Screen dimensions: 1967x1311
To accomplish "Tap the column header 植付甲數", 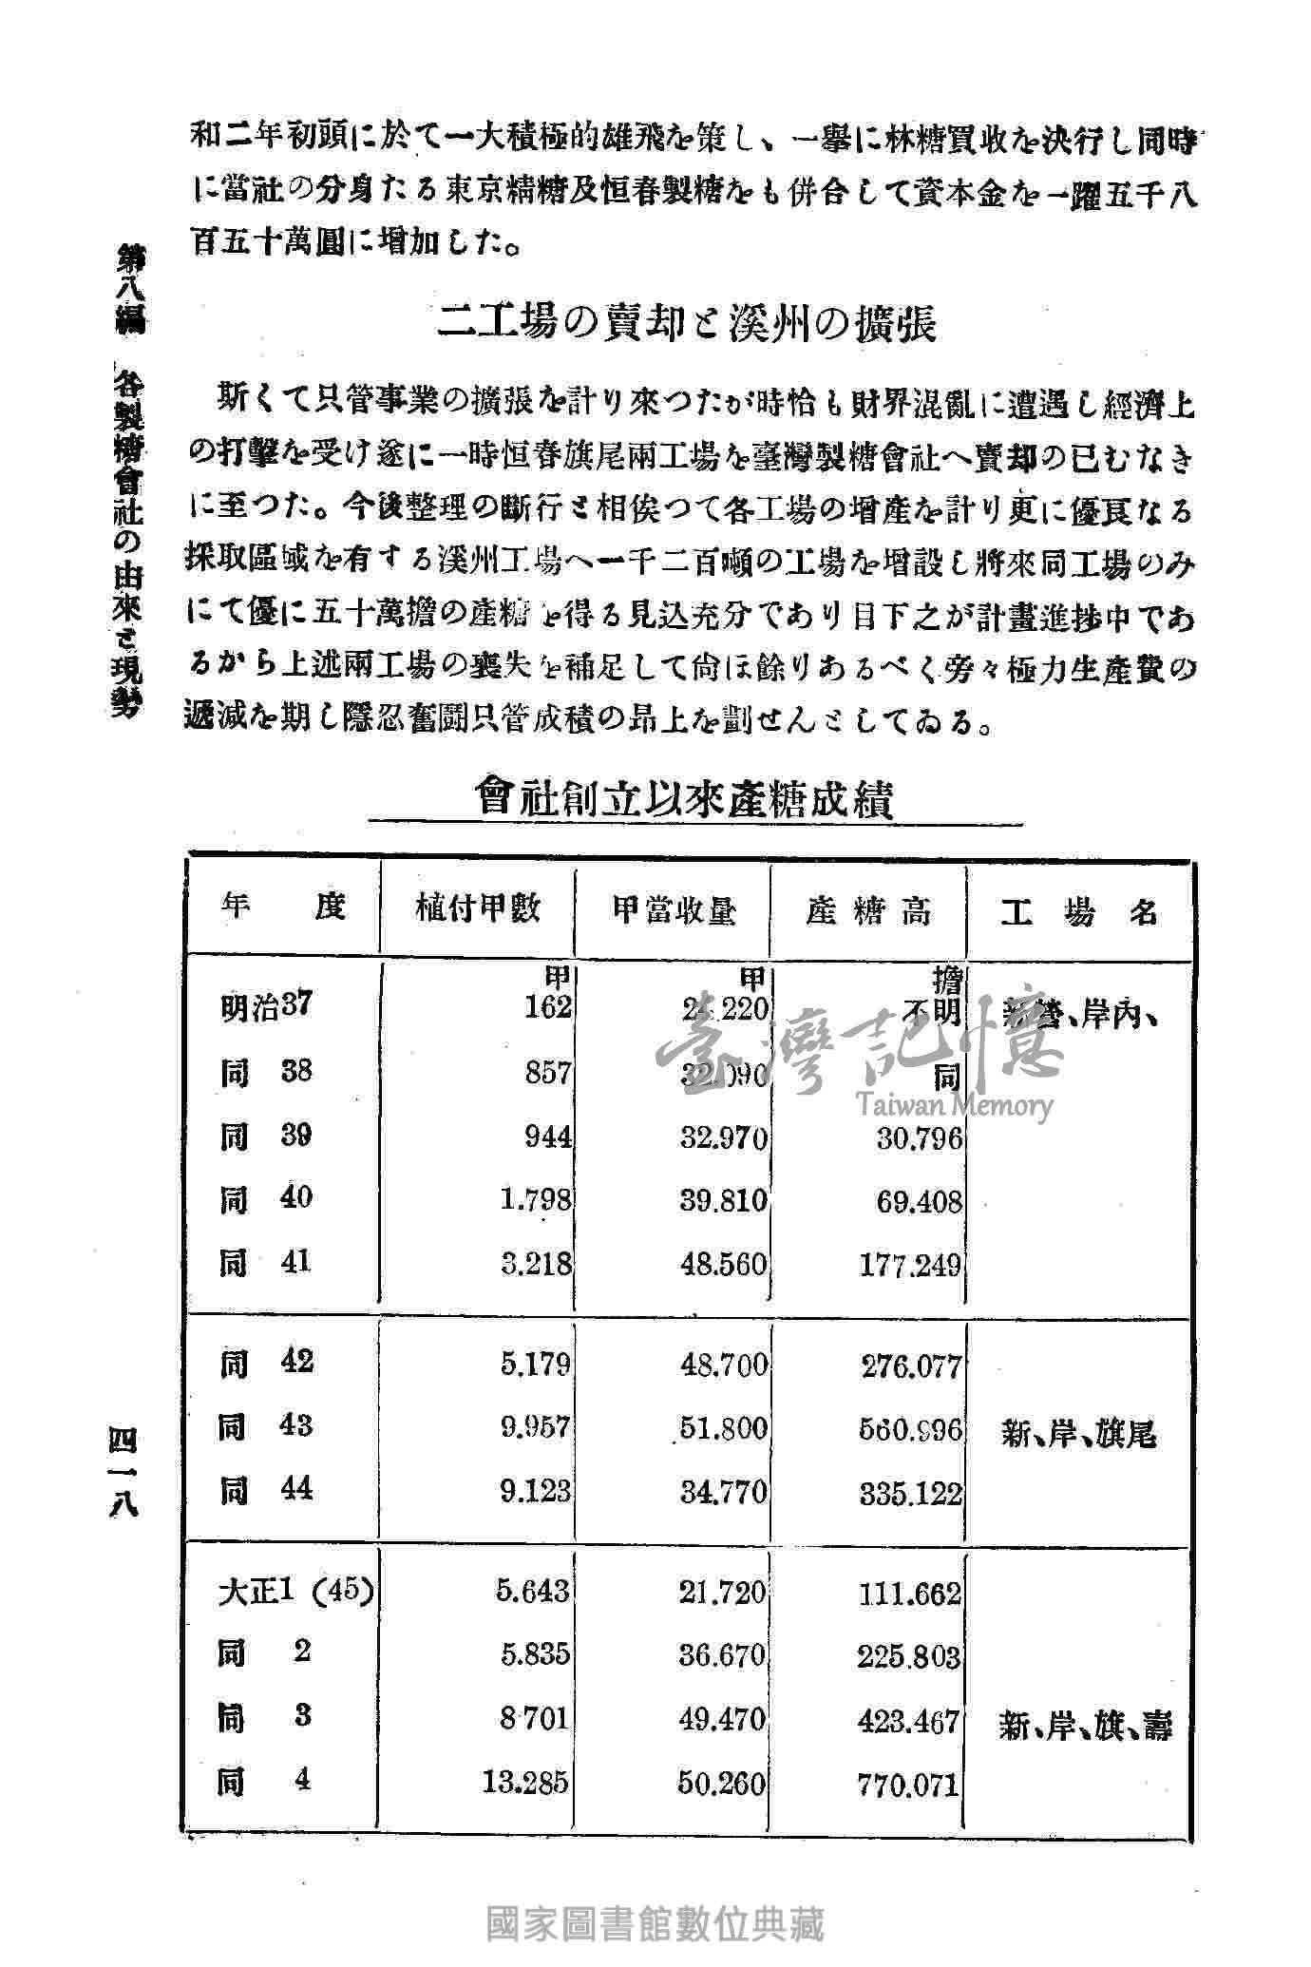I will click(x=478, y=909).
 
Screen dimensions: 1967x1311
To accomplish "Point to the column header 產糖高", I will click(x=868, y=910).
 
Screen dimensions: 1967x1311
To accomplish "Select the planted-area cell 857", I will click(x=548, y=1073).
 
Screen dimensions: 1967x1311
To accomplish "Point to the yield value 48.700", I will click(x=723, y=1365).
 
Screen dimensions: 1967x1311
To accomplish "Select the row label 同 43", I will click(x=265, y=1426).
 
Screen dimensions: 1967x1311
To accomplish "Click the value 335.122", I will click(x=911, y=1493).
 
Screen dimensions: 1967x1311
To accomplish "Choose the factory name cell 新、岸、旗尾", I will click(x=1078, y=1433).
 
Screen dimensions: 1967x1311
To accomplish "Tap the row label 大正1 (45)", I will click(x=294, y=1593).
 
